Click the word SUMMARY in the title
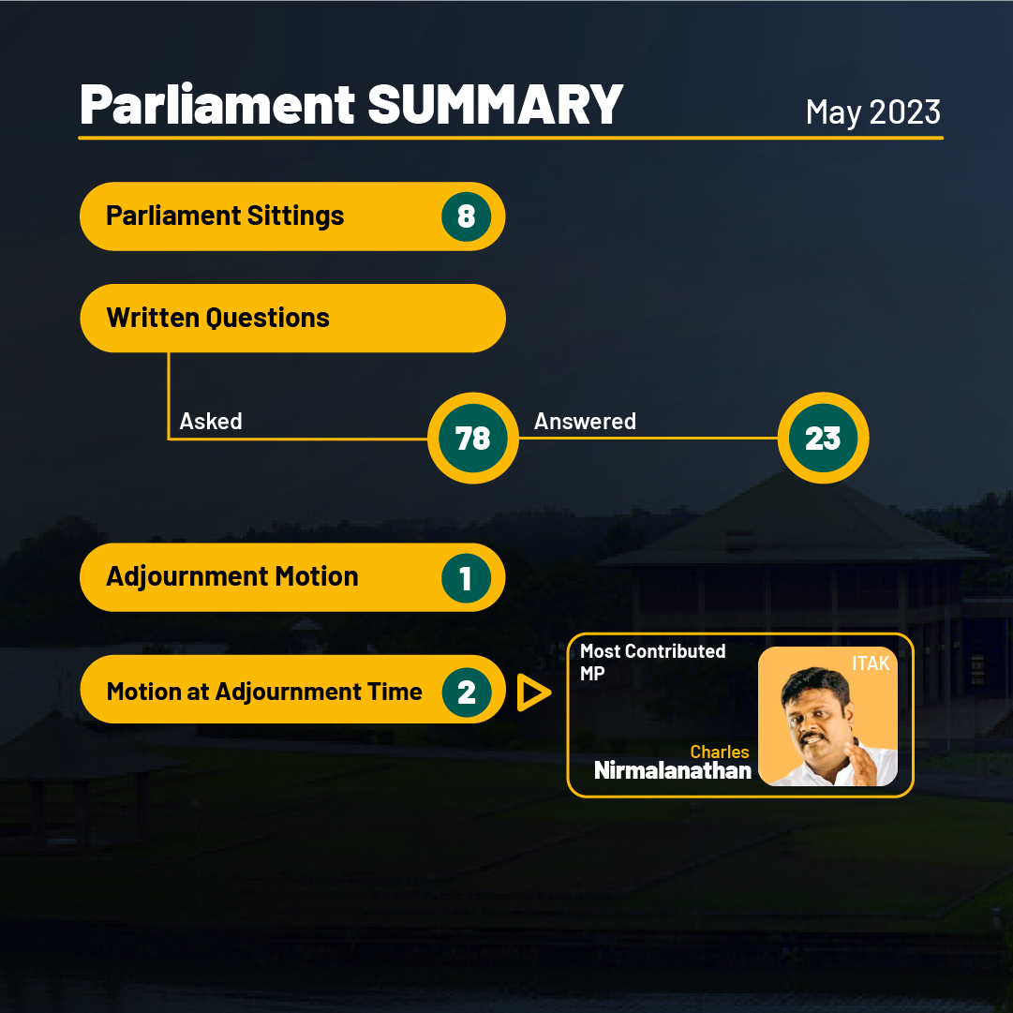(495, 104)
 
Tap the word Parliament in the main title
(217, 104)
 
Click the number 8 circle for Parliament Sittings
(466, 216)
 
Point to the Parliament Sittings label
(225, 216)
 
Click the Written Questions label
(217, 318)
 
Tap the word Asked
(211, 421)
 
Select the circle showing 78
(473, 438)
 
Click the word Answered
(585, 421)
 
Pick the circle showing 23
(823, 438)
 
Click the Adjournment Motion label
(231, 576)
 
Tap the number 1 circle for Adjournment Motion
(466, 577)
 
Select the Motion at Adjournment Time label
(264, 692)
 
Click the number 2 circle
(467, 692)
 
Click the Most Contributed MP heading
(652, 663)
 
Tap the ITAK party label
(871, 663)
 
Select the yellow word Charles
(719, 752)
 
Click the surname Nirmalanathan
(673, 770)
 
